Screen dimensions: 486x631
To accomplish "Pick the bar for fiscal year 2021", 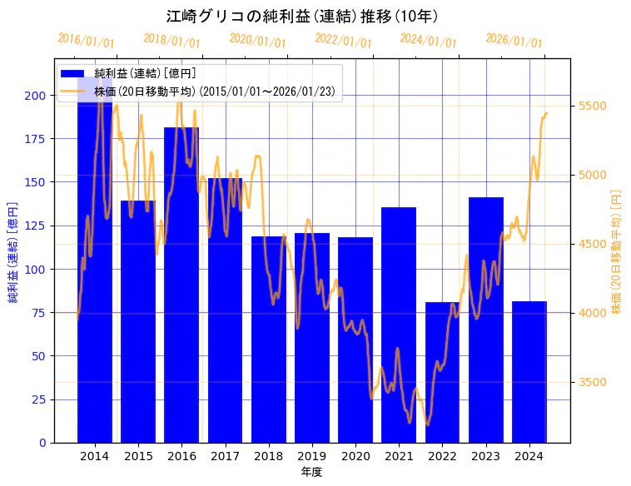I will coord(399,325).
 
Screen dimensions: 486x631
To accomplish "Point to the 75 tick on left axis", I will coord(39,313).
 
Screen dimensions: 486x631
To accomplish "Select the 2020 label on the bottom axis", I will coord(355,456).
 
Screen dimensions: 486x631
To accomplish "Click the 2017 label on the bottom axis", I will coord(225,456).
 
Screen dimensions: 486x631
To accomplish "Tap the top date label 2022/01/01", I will coord(343,41).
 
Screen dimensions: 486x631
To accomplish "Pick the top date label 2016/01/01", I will coord(86,41).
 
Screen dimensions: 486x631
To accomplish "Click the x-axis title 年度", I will coord(311,472).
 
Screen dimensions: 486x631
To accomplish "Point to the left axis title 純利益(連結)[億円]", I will coord(13,250).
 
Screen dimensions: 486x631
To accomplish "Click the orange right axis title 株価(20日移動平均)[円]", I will coord(617,250).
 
